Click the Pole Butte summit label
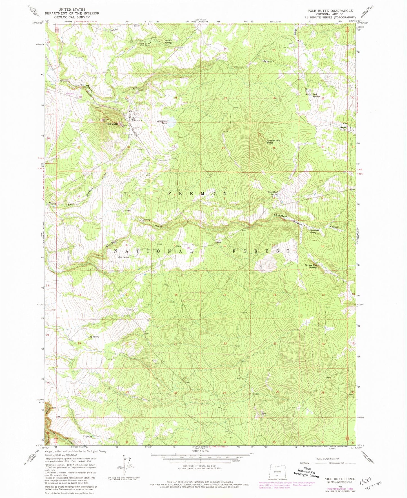coord(112,124)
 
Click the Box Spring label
coord(124,257)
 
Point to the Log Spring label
coord(94,337)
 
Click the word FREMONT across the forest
coord(203,194)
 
